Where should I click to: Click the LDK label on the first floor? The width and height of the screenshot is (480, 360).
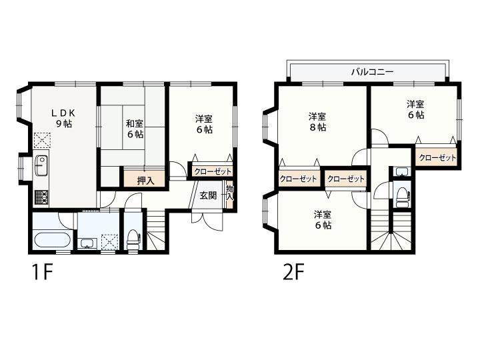(x=64, y=113)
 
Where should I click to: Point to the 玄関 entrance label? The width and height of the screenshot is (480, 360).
(x=207, y=196)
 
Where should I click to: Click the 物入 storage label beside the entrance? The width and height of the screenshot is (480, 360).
(x=229, y=192)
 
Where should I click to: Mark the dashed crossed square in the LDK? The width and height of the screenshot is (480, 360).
(x=41, y=140)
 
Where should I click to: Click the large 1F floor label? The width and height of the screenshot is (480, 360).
(x=40, y=273)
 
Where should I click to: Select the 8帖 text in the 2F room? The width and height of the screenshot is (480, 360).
(x=317, y=127)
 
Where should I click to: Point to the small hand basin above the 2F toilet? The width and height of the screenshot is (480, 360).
(x=401, y=172)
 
